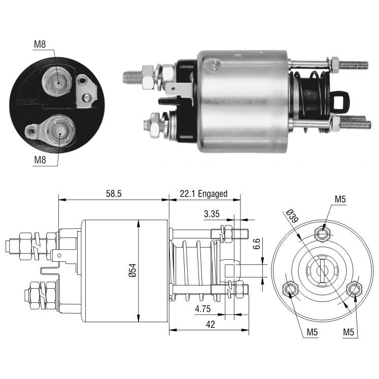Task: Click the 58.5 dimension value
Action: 114,194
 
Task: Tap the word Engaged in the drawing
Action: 213,194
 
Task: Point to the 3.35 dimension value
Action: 212,214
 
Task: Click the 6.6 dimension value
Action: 257,244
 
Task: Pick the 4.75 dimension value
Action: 203,308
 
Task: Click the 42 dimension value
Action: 210,324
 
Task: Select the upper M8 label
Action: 40,44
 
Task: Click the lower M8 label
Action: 40,160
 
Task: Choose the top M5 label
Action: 340,199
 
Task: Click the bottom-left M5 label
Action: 312,332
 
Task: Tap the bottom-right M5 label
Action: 349,332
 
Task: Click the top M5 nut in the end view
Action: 323,233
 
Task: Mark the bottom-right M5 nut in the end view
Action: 354,288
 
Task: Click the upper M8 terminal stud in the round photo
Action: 57,82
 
